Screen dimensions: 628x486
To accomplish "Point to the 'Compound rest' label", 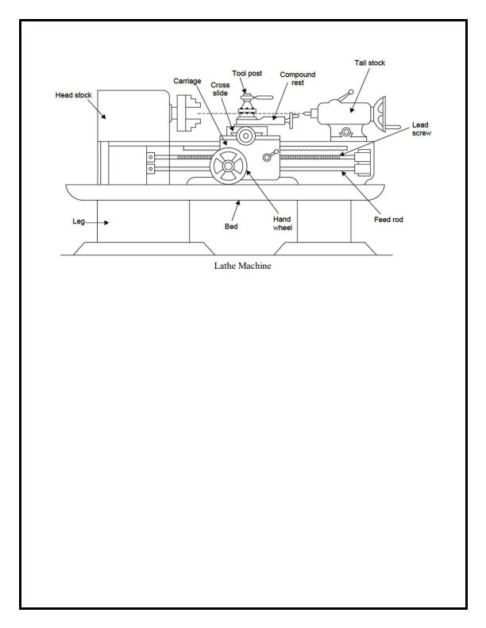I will [298, 78].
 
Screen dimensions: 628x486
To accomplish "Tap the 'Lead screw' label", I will [421, 129].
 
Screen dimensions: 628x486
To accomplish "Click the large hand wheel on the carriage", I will [229, 167].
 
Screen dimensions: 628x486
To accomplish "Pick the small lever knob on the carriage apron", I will [276, 153].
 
